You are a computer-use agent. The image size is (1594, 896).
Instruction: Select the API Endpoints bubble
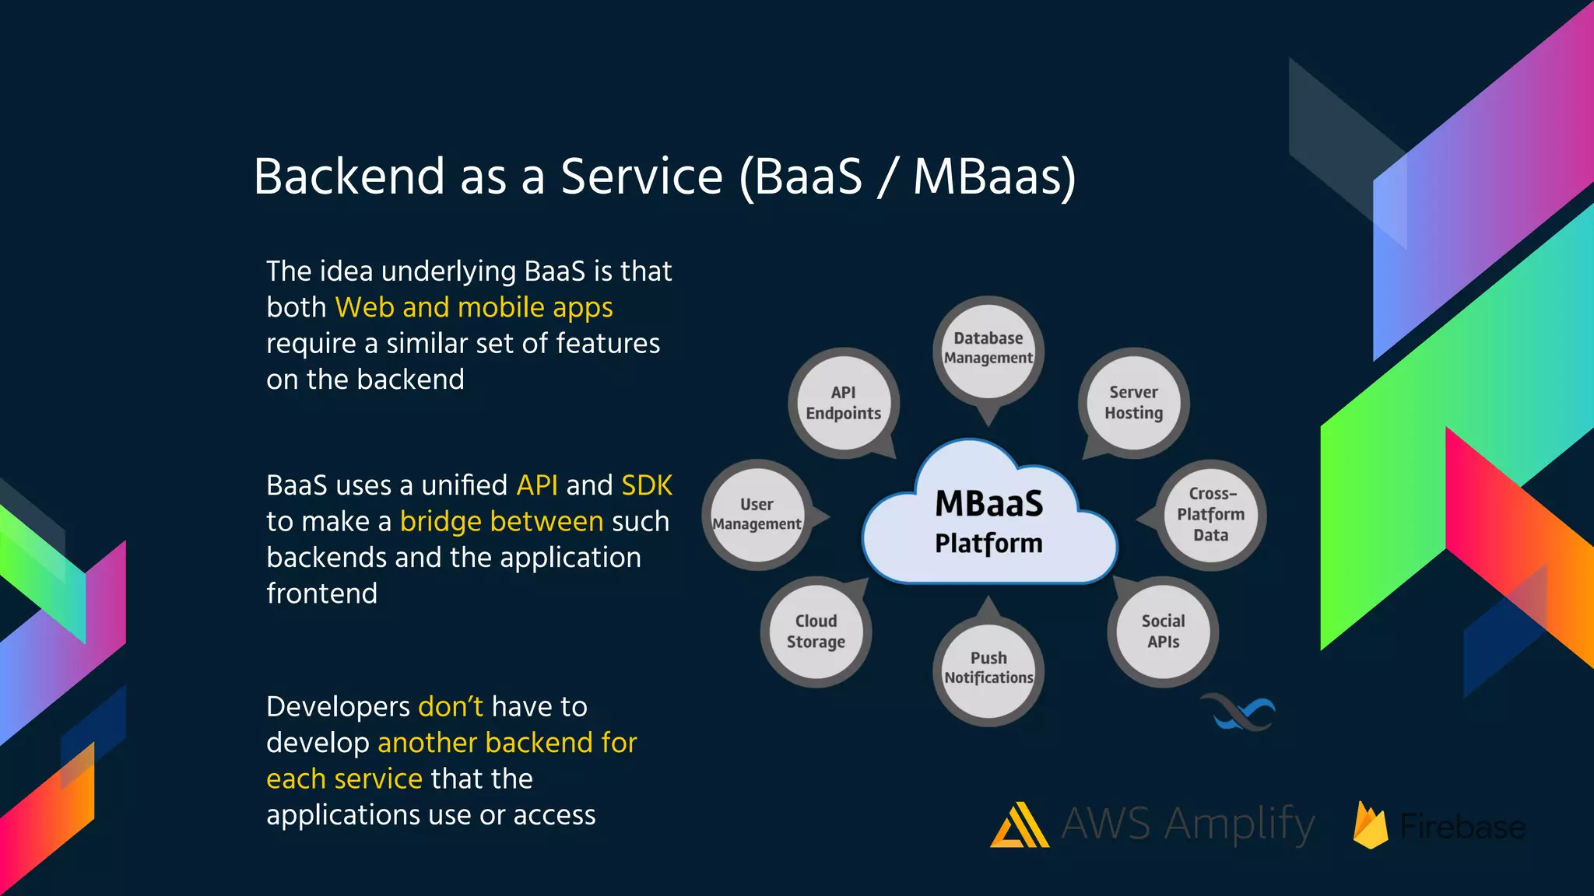pyautogui.click(x=844, y=403)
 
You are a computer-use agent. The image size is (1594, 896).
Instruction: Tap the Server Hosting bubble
pyautogui.click(x=1133, y=403)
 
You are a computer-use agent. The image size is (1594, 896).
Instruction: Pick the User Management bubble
pyautogui.click(x=757, y=514)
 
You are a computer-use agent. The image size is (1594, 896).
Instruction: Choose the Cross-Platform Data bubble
pyautogui.click(x=1210, y=514)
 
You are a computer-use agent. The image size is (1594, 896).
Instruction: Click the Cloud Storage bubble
pyautogui.click(x=816, y=632)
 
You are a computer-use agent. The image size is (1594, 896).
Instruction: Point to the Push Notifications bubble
pyautogui.click(x=988, y=668)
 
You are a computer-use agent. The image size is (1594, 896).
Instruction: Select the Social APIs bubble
pyautogui.click(x=1163, y=632)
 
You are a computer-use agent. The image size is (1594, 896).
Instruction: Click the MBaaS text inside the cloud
pyautogui.click(x=988, y=504)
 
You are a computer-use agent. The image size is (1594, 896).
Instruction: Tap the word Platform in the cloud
pyautogui.click(x=988, y=544)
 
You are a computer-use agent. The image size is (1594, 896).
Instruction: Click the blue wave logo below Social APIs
pyautogui.click(x=1238, y=712)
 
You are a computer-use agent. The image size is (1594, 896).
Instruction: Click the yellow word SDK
pyautogui.click(x=646, y=486)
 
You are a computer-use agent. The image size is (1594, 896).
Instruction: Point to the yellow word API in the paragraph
pyautogui.click(x=537, y=486)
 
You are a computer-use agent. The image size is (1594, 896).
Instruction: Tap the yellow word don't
pyautogui.click(x=450, y=707)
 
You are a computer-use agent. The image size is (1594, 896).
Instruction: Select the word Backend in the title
pyautogui.click(x=349, y=177)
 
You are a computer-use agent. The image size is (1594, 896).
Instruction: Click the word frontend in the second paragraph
pyautogui.click(x=321, y=594)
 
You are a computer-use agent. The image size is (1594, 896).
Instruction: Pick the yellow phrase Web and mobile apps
pyautogui.click(x=473, y=308)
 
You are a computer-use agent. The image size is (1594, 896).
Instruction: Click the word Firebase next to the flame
pyautogui.click(x=1462, y=827)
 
